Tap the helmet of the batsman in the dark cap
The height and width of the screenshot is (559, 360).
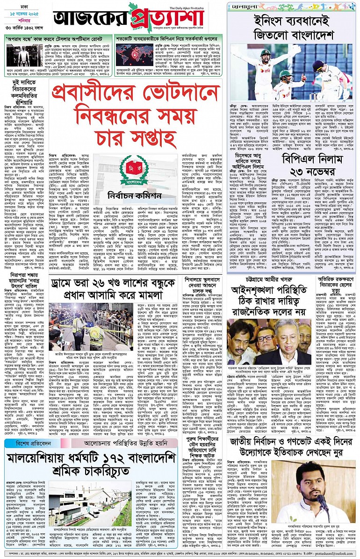tap(319, 65)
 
